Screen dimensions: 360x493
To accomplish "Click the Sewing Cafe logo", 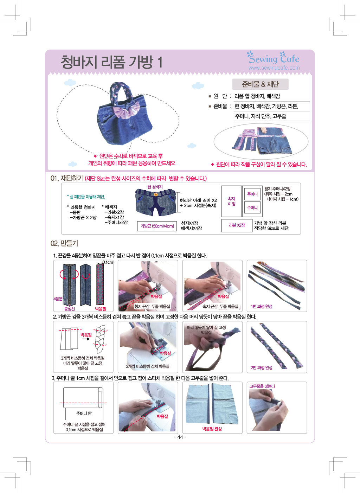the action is [x=273, y=58].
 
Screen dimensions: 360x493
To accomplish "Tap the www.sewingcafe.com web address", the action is [x=274, y=68].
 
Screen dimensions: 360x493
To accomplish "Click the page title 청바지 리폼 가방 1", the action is [x=111, y=62].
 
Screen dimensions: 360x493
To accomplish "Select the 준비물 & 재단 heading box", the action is [x=260, y=84].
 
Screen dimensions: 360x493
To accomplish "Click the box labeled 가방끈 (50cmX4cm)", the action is [x=157, y=226].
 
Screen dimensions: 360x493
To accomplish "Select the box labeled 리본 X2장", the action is [x=237, y=225].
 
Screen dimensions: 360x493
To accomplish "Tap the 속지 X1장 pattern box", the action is [x=231, y=201].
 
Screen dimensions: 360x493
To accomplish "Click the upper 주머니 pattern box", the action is [x=252, y=194].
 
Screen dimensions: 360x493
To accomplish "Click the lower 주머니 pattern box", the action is [x=252, y=207].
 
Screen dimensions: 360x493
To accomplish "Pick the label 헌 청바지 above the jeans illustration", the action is [x=155, y=187].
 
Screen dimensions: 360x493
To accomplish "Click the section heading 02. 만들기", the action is [x=64, y=243].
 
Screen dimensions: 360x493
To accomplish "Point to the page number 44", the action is [x=180, y=437].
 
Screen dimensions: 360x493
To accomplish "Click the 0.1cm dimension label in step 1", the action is [x=108, y=262].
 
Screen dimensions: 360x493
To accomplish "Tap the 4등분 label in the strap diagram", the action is [x=58, y=299].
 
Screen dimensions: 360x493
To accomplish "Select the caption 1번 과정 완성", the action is [x=262, y=306].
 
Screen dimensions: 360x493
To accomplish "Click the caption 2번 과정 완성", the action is [x=262, y=367].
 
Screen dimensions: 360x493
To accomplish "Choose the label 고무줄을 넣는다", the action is [x=262, y=386].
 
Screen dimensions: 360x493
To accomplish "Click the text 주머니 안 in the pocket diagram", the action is [x=84, y=413].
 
